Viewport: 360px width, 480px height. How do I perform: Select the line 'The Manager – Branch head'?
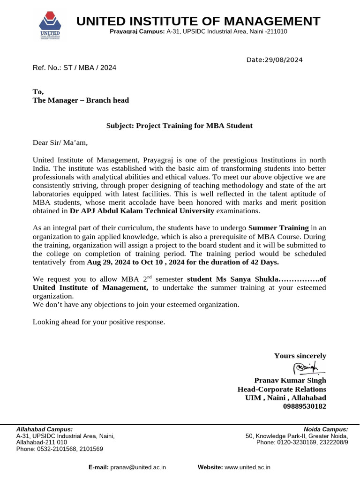coord(81,100)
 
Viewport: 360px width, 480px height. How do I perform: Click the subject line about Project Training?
coord(179,126)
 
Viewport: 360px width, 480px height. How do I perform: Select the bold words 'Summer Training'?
coord(278,228)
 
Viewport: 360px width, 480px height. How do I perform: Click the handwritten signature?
coord(305,368)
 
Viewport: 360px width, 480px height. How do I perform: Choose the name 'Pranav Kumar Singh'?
coord(290,380)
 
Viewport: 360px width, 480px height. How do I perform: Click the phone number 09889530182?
coord(305,406)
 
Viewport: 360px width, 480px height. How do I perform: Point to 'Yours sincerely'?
coord(300,356)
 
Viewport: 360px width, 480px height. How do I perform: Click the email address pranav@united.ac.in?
coord(138,467)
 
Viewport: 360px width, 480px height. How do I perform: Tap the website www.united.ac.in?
coord(247,467)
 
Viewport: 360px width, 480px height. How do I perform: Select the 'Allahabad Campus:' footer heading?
coord(45,429)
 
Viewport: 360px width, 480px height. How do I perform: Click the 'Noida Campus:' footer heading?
coord(326,429)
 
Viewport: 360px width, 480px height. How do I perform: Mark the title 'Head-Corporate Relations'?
coord(282,389)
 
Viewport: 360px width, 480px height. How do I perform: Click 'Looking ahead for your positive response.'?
coord(99,322)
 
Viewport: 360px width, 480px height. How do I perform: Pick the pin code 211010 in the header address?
coord(276,31)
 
